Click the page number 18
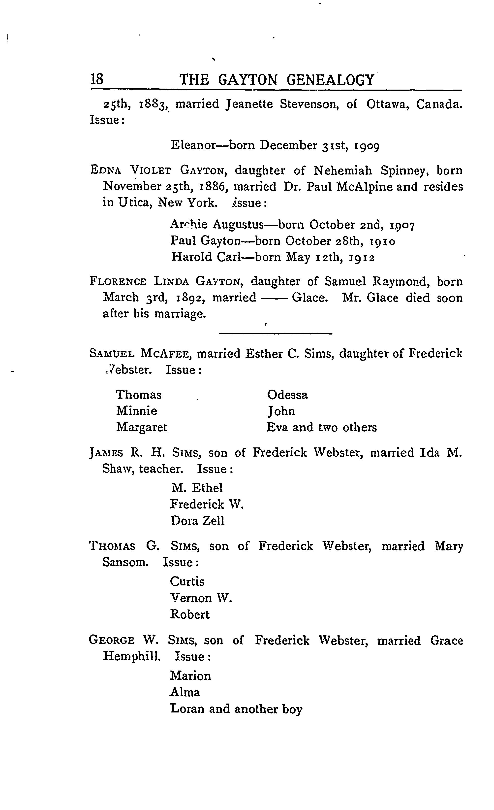point(97,80)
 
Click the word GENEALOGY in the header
point(330,80)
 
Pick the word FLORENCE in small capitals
point(118,282)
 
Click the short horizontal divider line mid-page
point(276,334)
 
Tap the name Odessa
point(287,395)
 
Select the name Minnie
point(137,411)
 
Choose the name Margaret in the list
point(142,427)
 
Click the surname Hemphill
point(132,656)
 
